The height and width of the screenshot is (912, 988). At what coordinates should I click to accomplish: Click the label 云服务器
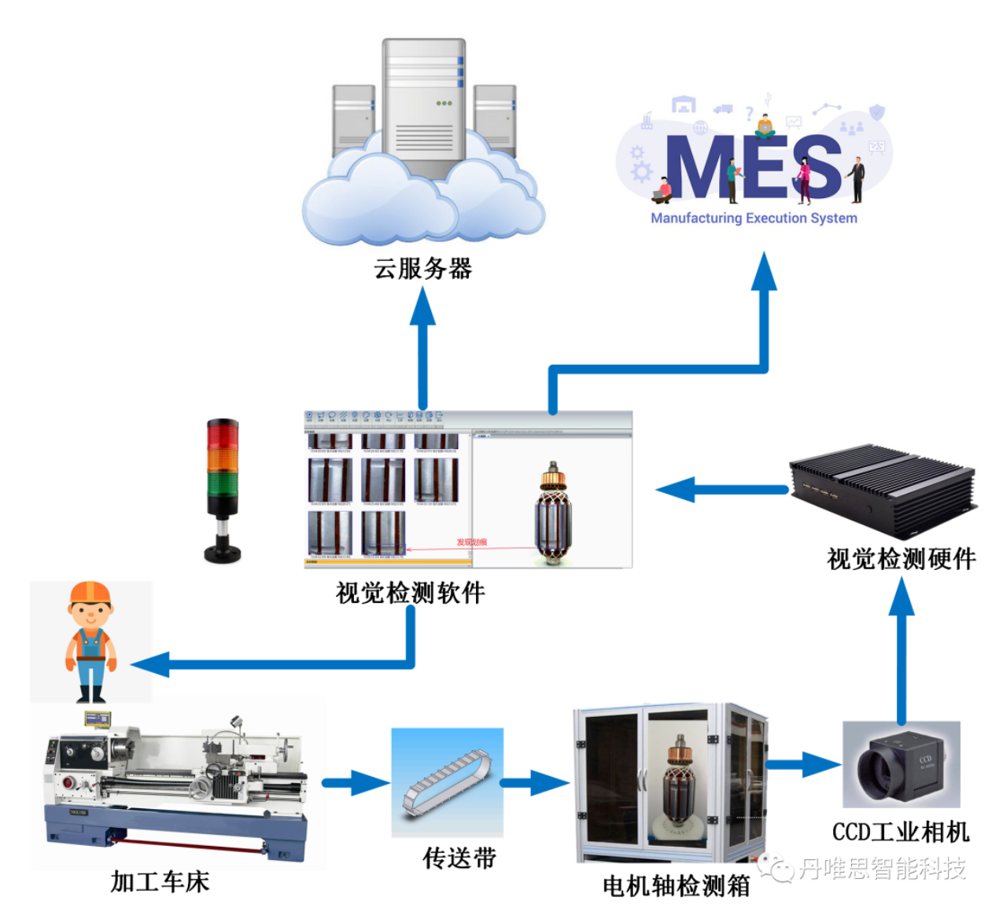(x=422, y=269)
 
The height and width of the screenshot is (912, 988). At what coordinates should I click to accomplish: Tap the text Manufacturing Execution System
(x=754, y=219)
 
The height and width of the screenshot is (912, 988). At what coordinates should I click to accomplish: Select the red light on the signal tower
(x=222, y=434)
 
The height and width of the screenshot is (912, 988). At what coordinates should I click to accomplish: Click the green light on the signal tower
(x=222, y=482)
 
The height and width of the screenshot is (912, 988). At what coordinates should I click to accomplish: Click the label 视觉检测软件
(x=410, y=592)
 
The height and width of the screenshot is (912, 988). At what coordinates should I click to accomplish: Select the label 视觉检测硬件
(x=901, y=559)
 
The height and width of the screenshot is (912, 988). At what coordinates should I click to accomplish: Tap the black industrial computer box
(x=881, y=487)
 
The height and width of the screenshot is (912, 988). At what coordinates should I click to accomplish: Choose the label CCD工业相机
(x=901, y=832)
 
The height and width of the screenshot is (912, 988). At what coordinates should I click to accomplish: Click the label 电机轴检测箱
(x=676, y=886)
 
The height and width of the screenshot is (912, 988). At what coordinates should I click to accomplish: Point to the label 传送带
(x=459, y=858)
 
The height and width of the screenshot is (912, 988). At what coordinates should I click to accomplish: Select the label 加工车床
(x=160, y=881)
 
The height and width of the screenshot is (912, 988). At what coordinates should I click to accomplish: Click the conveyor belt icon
(x=447, y=782)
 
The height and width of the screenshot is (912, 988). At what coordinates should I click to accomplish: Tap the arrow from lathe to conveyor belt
(x=356, y=782)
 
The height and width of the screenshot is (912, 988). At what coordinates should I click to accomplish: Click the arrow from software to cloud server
(x=422, y=346)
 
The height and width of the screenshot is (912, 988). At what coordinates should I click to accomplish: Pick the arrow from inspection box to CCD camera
(x=802, y=763)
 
